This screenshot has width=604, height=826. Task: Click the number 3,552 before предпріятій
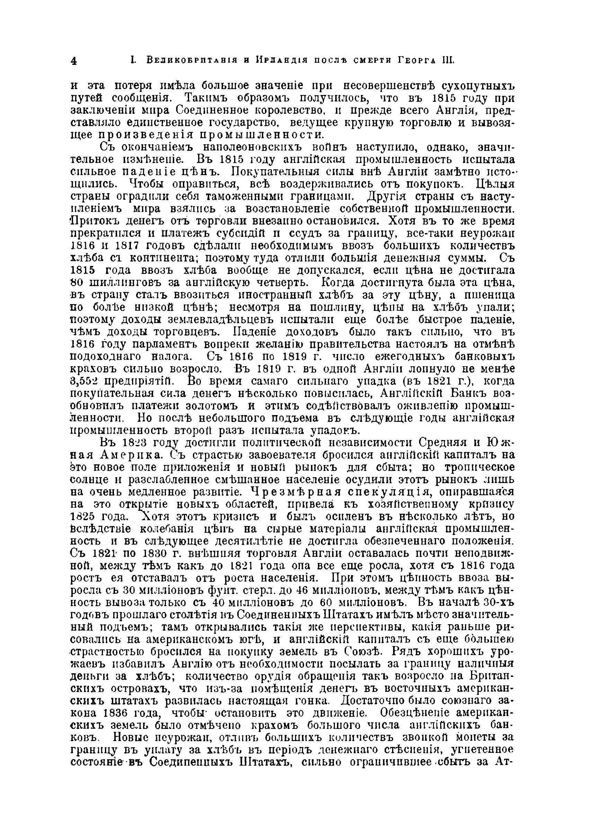click(86, 381)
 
